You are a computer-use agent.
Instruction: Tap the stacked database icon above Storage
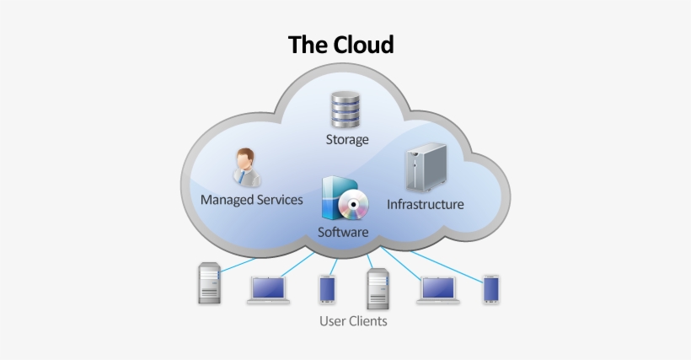tap(345, 110)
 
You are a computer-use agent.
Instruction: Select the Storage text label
tap(347, 139)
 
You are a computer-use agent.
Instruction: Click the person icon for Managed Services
tap(246, 167)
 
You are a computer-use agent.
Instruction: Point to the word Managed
tap(228, 200)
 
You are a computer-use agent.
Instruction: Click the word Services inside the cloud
tap(280, 200)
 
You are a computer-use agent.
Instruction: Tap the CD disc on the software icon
tap(351, 204)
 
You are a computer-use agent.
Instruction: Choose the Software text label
tap(343, 232)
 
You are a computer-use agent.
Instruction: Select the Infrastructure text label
tap(425, 204)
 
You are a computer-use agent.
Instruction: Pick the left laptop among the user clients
tap(269, 290)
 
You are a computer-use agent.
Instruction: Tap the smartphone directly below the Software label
tap(327, 289)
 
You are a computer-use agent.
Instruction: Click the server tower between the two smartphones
tap(377, 288)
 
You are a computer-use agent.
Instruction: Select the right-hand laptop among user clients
tap(438, 290)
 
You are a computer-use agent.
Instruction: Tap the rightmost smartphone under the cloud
tap(491, 289)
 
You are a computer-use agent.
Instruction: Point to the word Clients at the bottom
tap(369, 321)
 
